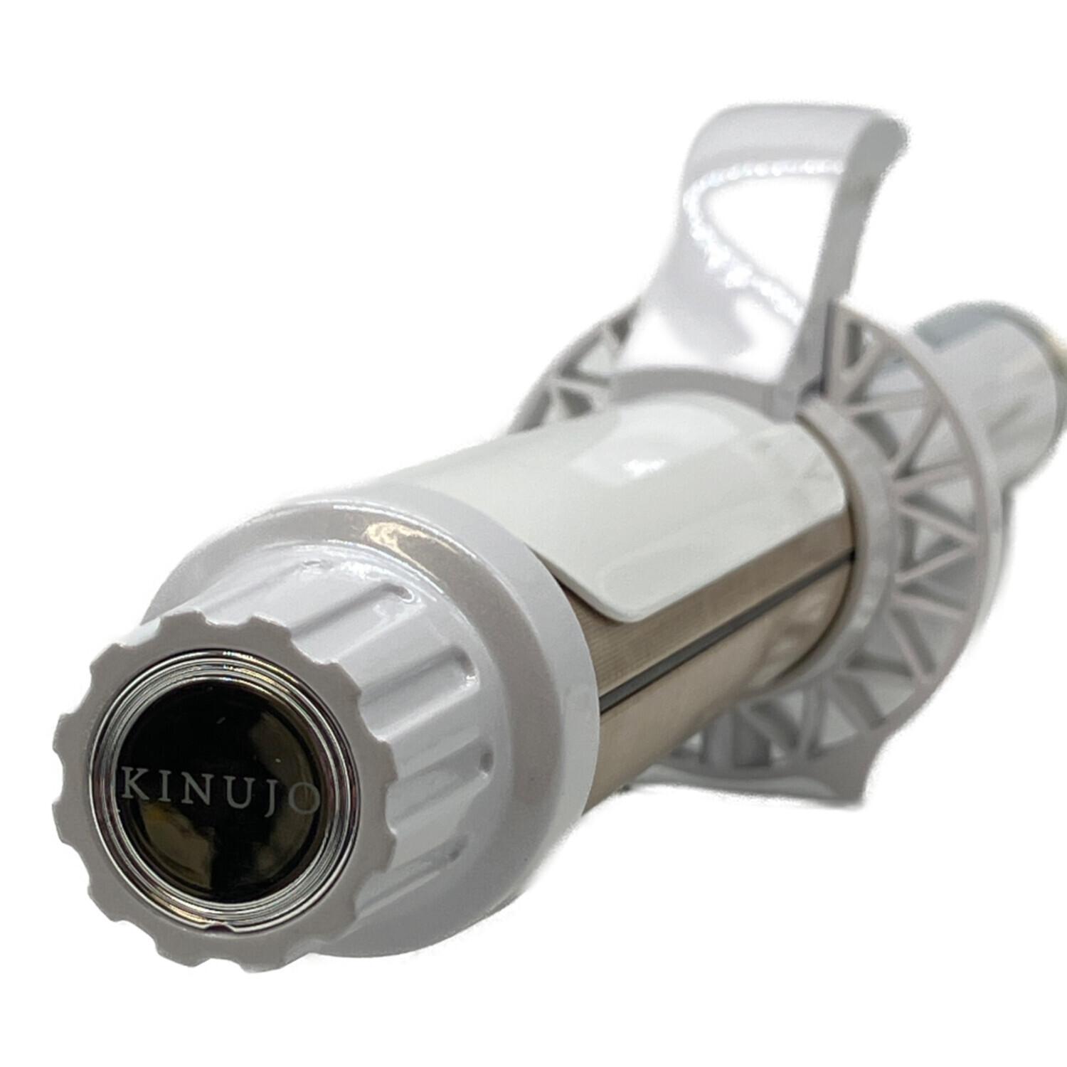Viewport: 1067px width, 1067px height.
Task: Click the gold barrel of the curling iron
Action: [x=683, y=640]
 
